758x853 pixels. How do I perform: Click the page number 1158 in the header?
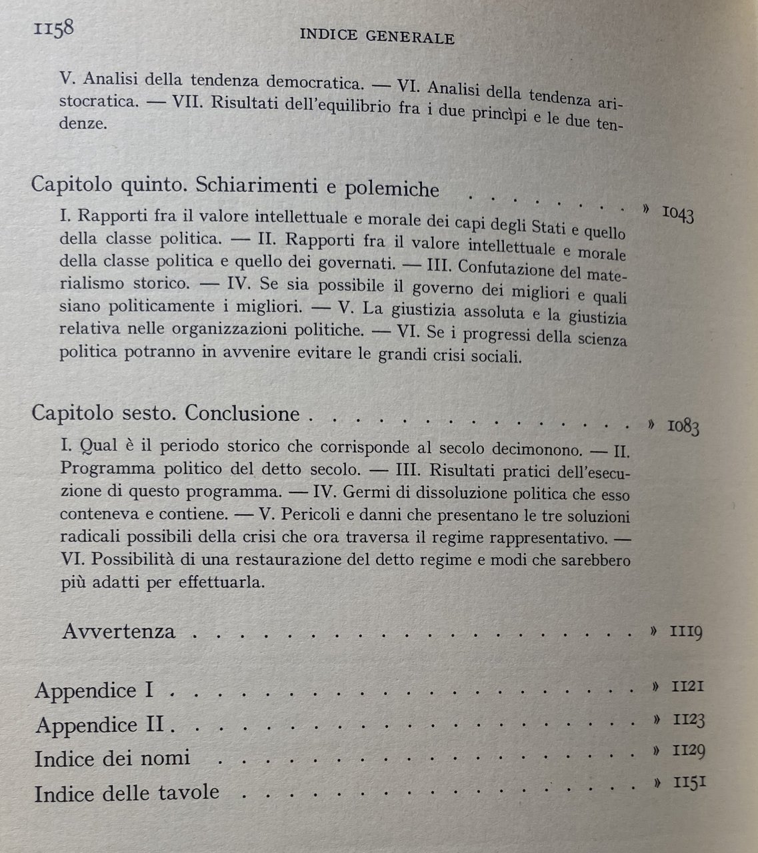tap(51, 30)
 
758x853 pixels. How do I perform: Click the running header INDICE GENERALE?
tap(377, 37)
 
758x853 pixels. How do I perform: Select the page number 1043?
tap(678, 215)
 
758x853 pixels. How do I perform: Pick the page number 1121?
tap(687, 686)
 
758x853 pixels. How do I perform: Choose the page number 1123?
tap(689, 720)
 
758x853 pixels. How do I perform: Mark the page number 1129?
tap(689, 751)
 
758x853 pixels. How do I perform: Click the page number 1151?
tap(689, 782)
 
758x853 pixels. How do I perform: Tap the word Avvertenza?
tap(119, 631)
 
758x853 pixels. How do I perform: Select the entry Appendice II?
tap(99, 724)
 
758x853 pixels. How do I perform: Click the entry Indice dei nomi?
tap(112, 758)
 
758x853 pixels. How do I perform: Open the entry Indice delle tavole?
tap(127, 792)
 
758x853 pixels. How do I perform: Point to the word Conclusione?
tap(243, 413)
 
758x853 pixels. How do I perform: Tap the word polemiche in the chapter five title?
tap(391, 189)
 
